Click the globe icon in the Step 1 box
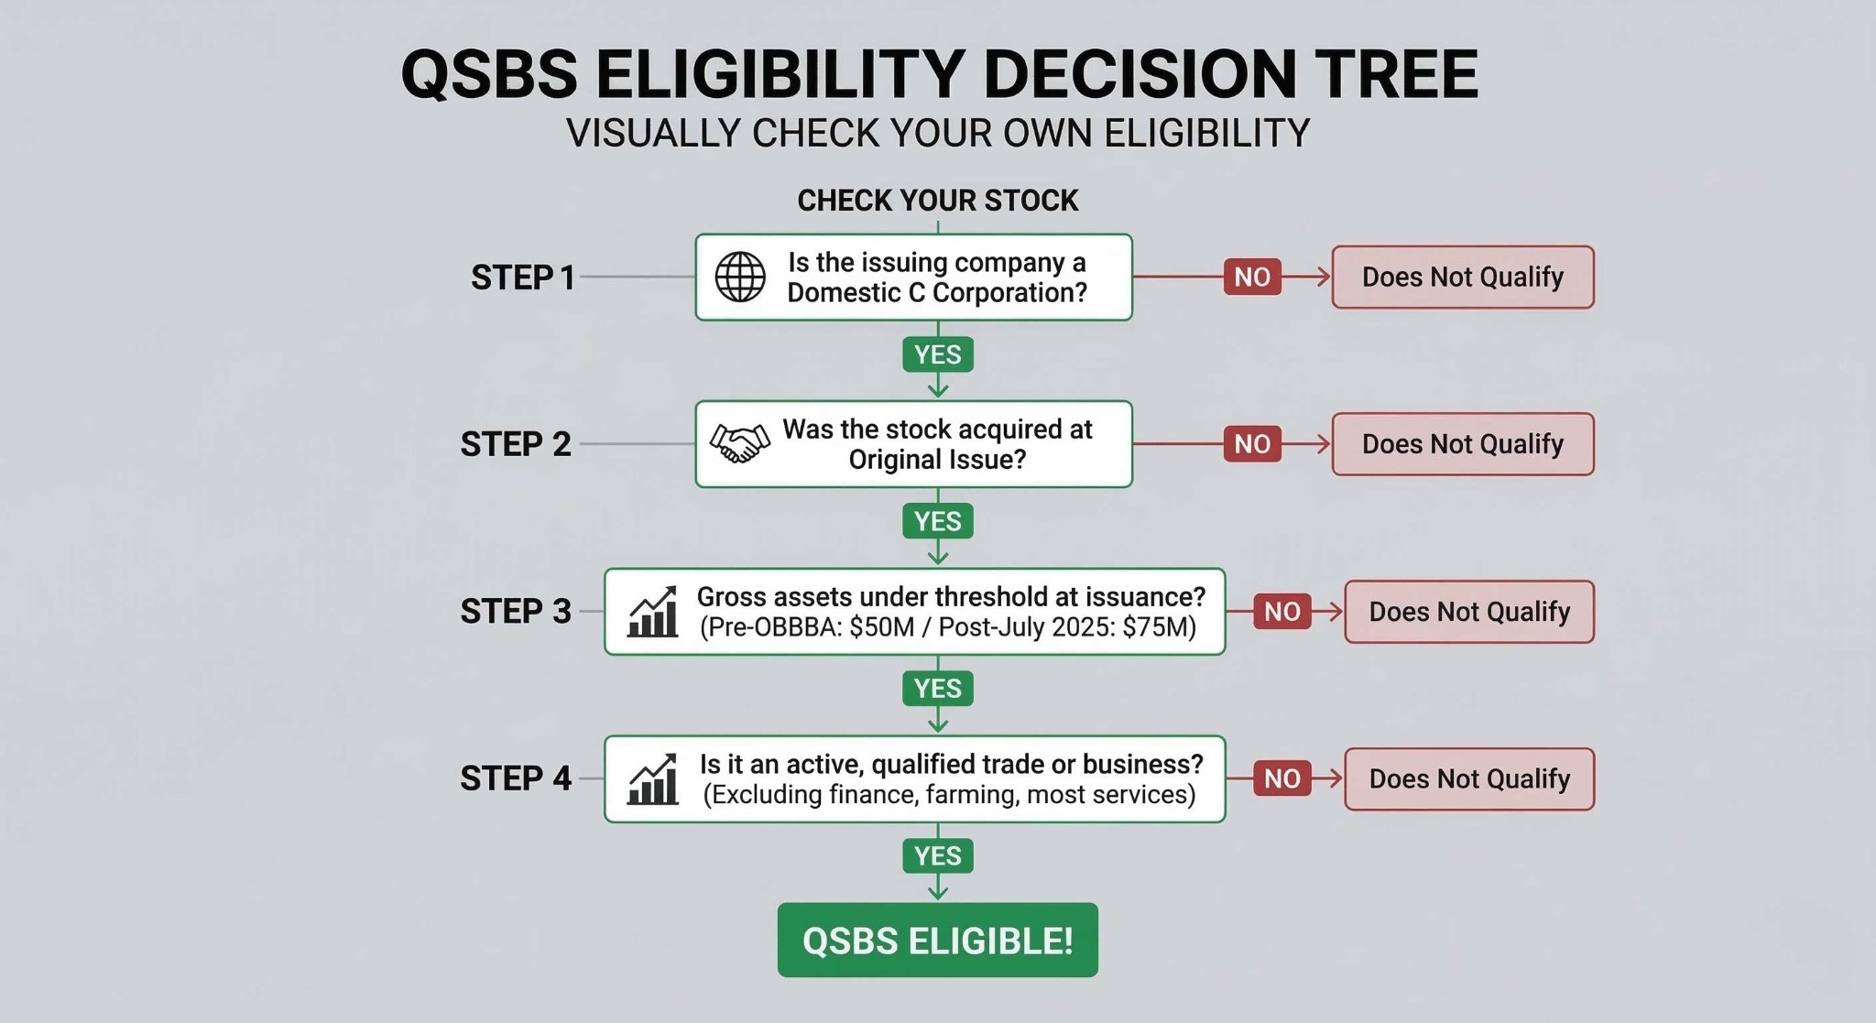[x=740, y=277]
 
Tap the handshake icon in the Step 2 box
[x=740, y=444]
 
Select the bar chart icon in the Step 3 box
[x=652, y=612]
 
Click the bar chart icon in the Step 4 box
[x=652, y=779]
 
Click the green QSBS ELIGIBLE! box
[x=937, y=941]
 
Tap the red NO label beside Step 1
[x=1252, y=277]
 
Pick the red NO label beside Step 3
[x=1282, y=612]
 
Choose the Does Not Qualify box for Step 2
[x=1462, y=444]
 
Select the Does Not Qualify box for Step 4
[x=1468, y=779]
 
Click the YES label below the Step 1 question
[x=937, y=354]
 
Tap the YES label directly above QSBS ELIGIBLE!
[x=937, y=856]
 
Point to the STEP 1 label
[x=523, y=278]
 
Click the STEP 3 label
[x=516, y=612]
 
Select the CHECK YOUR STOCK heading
[x=937, y=201]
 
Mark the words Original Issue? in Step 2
[x=937, y=459]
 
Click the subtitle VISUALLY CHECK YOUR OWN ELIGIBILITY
[x=937, y=134]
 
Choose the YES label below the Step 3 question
[x=937, y=689]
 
